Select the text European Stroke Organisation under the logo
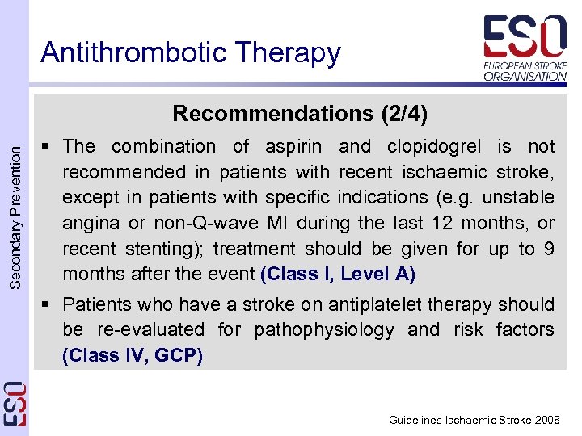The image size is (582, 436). [x=525, y=70]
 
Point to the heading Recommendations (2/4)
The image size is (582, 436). [x=300, y=114]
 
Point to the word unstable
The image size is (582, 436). [x=523, y=197]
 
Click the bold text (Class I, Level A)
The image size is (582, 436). [x=338, y=275]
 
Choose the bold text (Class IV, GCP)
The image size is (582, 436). [x=133, y=355]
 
